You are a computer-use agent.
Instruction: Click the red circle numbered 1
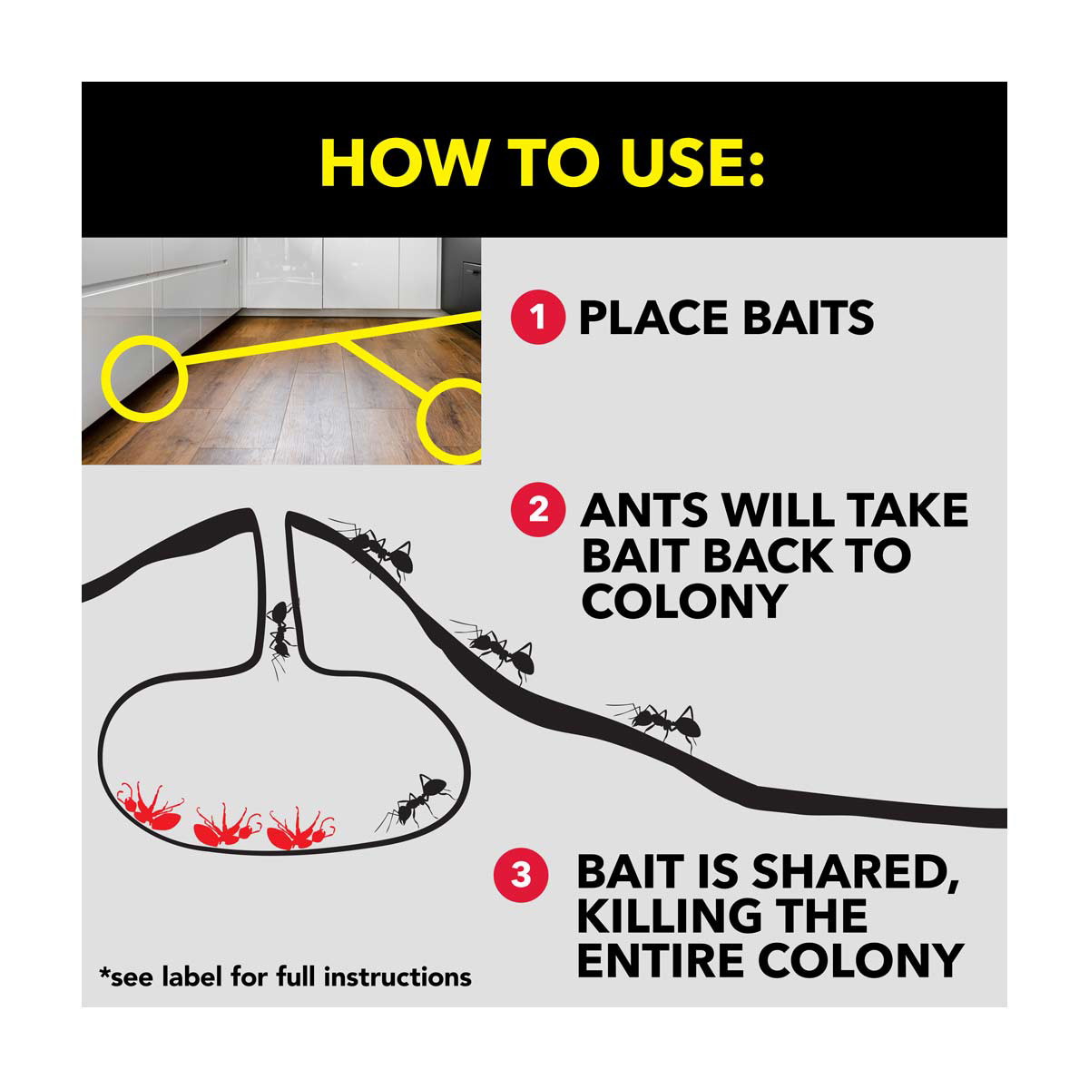click(x=537, y=317)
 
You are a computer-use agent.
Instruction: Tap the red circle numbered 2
click(x=537, y=509)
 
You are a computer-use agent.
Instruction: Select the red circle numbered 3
click(x=521, y=876)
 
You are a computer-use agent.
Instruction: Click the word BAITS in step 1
click(x=809, y=318)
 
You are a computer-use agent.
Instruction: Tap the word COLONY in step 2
click(x=684, y=601)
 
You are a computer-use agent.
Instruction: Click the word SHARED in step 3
click(x=855, y=872)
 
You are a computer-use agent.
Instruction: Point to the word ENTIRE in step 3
click(x=660, y=961)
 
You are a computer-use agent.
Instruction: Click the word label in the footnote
click(x=192, y=976)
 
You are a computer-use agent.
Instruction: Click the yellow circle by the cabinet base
click(x=144, y=378)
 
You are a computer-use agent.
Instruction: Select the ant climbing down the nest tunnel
click(x=280, y=637)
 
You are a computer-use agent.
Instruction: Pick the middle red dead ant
click(x=227, y=826)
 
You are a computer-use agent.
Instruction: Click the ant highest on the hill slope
click(x=374, y=548)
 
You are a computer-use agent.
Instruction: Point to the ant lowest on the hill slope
click(x=657, y=724)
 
